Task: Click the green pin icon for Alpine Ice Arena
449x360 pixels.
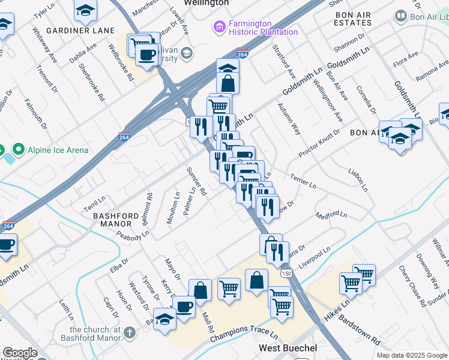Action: click(x=19, y=149)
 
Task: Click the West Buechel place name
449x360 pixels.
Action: click(x=284, y=348)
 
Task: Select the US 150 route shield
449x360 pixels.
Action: click(x=287, y=273)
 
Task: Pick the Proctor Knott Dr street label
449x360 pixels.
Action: click(x=319, y=143)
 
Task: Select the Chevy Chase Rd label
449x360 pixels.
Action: click(x=414, y=284)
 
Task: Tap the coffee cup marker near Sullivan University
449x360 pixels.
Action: click(x=146, y=55)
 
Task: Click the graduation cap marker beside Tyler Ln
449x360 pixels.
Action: click(x=86, y=10)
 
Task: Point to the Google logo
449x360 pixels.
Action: click(x=20, y=353)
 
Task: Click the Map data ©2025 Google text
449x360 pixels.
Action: click(x=411, y=355)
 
